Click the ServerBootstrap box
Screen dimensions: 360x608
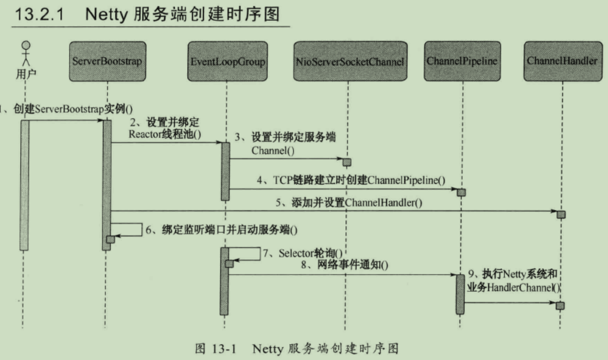(107, 62)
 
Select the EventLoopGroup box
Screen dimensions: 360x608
(227, 62)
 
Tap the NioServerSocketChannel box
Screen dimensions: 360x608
(350, 62)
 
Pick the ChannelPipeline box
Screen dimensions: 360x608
(462, 61)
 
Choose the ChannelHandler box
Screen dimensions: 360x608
(562, 61)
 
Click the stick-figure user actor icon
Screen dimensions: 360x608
(26, 53)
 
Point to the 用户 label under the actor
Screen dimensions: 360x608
(26, 74)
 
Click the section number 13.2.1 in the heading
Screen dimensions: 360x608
(39, 14)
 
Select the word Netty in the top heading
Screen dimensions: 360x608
(106, 14)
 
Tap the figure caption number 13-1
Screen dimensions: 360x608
(224, 349)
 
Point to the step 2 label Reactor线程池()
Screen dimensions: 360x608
(165, 134)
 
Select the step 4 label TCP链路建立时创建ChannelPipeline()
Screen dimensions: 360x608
(351, 180)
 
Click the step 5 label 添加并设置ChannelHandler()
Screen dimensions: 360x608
(349, 203)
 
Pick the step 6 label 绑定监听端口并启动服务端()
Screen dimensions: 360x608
(222, 230)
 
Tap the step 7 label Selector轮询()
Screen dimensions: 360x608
(303, 253)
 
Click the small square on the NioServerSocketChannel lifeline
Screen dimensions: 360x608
(347, 162)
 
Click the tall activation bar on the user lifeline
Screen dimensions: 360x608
(25, 185)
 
